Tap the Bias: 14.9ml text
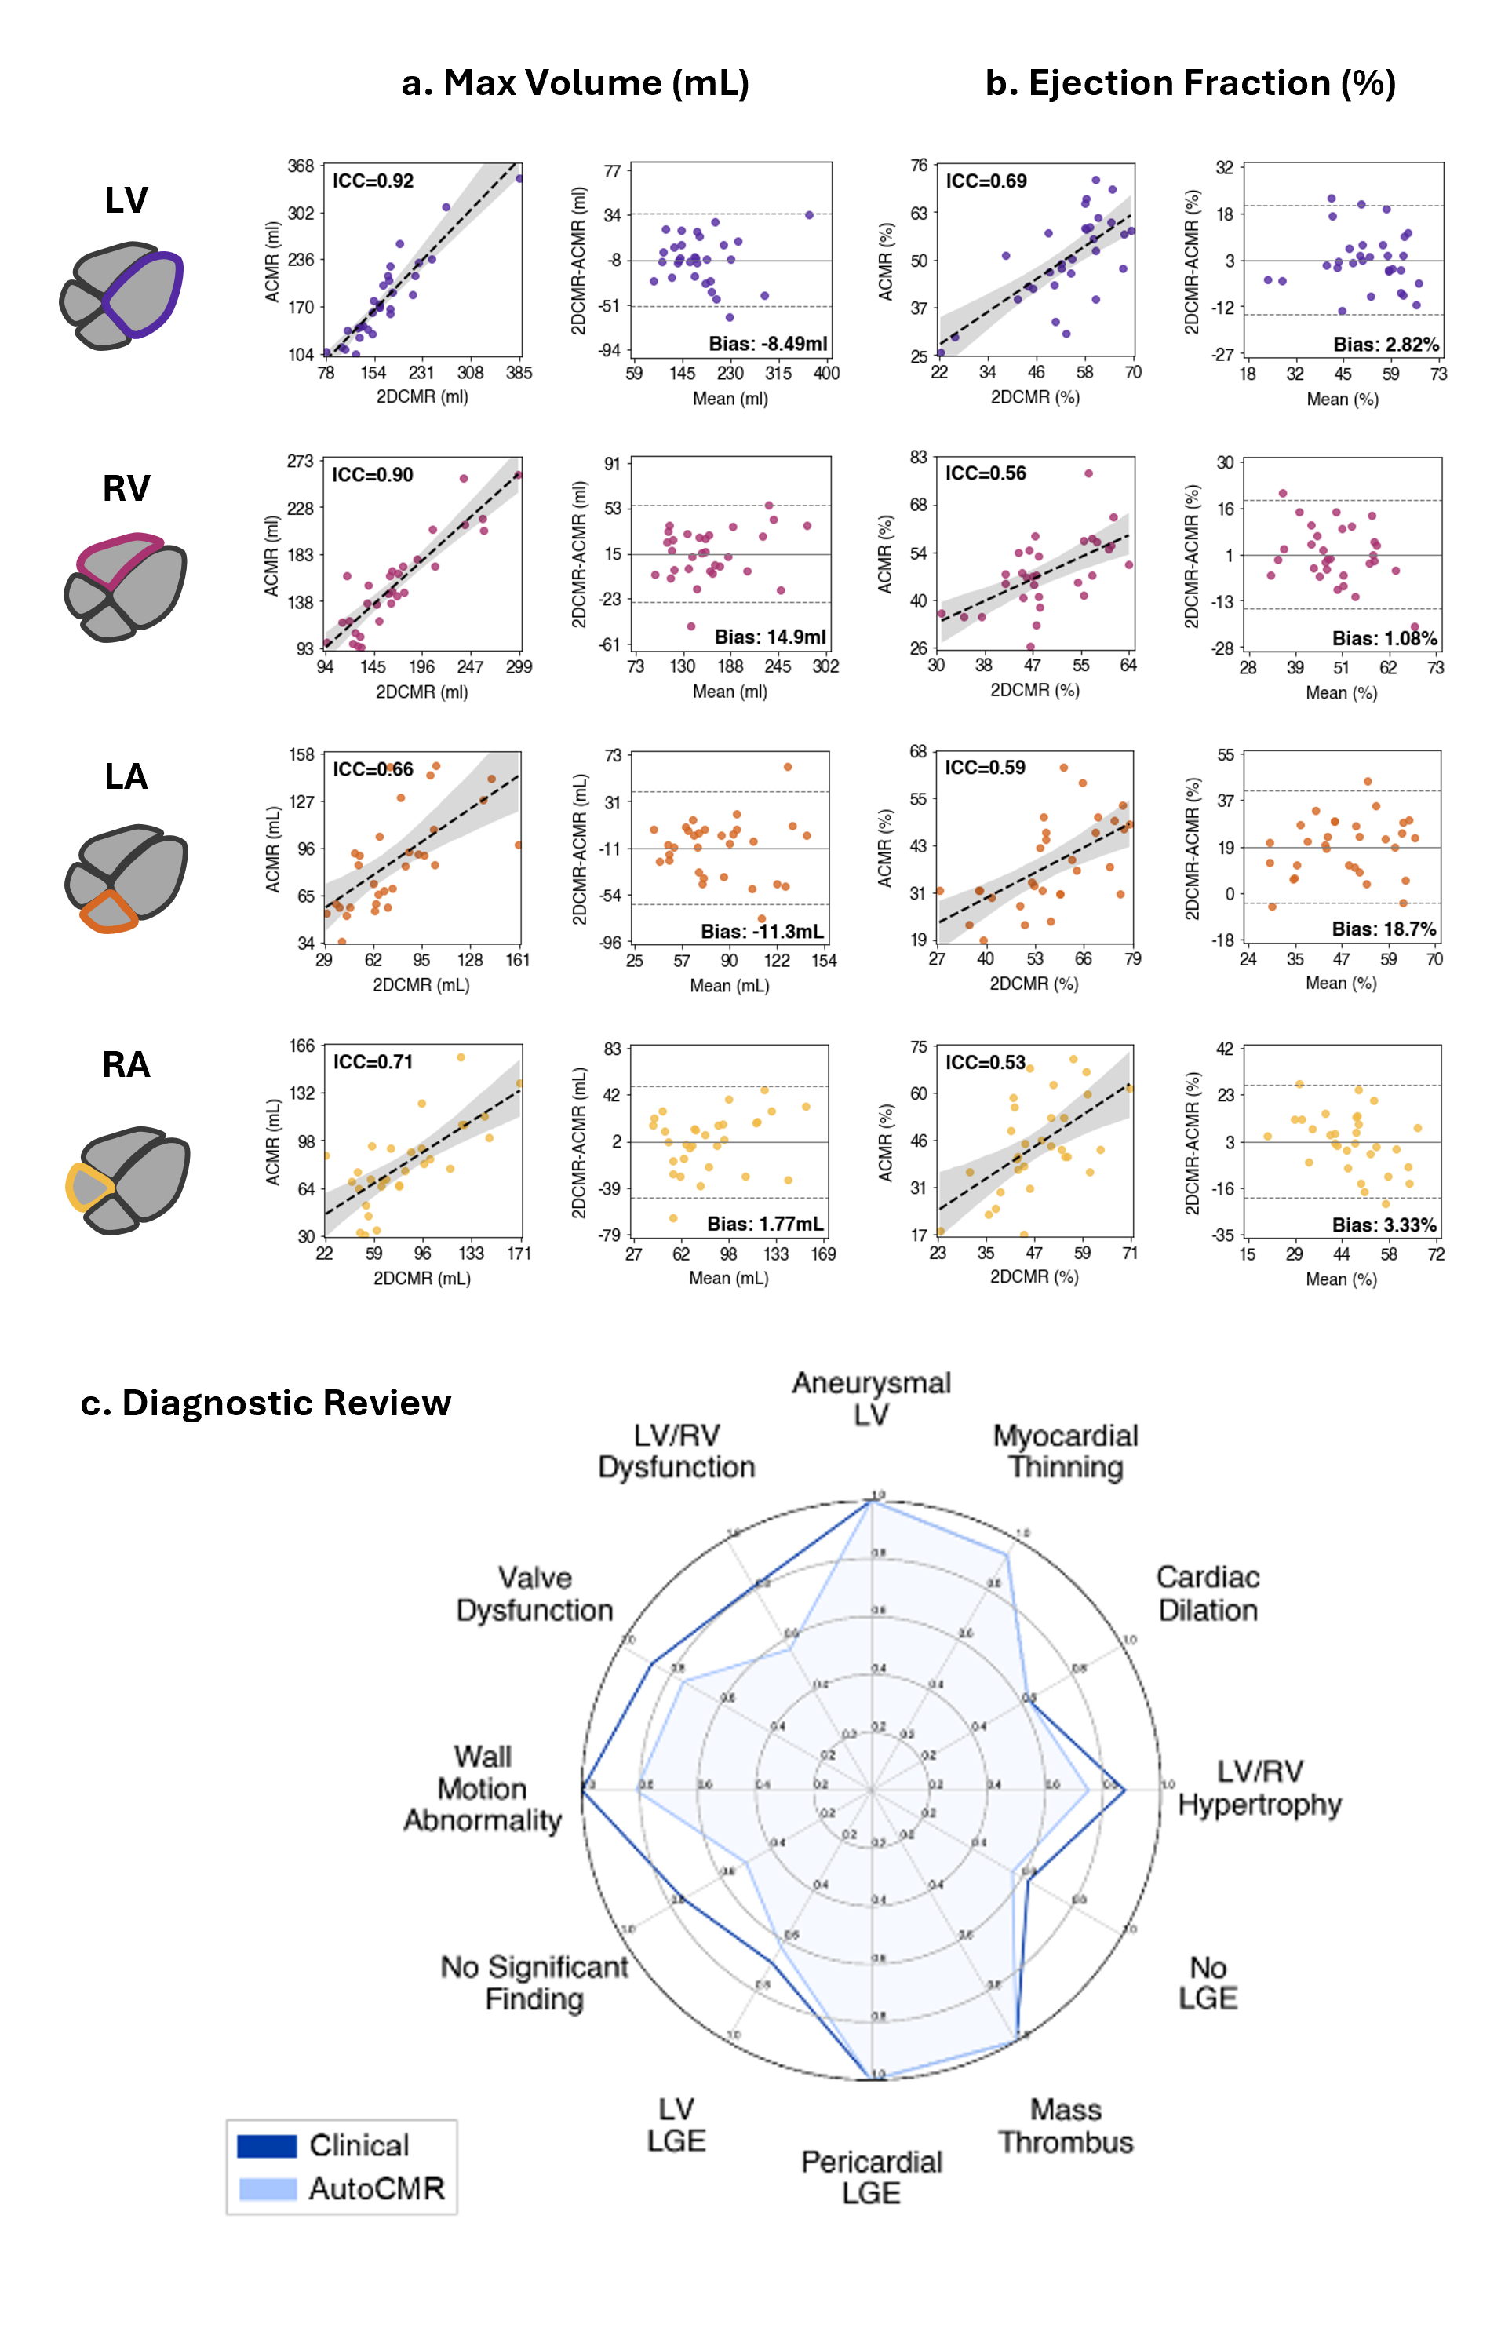click(770, 637)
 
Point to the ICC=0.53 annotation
click(985, 1062)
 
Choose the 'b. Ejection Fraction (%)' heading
click(1190, 83)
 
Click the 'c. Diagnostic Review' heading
click(266, 1403)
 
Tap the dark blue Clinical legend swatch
click(267, 2146)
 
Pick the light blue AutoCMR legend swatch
click(267, 2188)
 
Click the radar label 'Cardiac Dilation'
click(1208, 1593)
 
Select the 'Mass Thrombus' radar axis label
click(1066, 2126)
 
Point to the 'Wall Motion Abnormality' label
click(483, 1789)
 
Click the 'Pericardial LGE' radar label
click(871, 2177)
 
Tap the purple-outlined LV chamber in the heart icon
click(144, 293)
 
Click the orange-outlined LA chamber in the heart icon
click(108, 911)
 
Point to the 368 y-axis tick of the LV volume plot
click(301, 166)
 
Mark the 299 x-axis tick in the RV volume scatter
click(519, 666)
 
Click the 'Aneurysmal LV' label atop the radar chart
click(871, 1398)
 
